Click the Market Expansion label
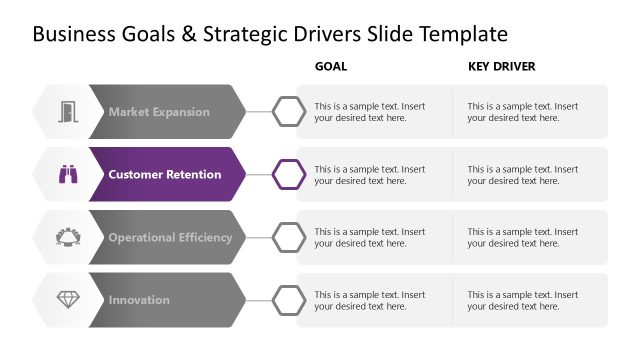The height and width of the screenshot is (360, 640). pos(159,112)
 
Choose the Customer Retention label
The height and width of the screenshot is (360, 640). pos(165,175)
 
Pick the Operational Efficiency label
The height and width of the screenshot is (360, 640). pos(170,238)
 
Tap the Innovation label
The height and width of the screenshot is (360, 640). pos(139,300)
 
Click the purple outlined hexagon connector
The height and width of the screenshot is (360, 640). pos(290,174)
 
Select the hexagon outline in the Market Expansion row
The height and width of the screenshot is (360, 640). pos(290,112)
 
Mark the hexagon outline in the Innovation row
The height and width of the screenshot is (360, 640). pos(290,300)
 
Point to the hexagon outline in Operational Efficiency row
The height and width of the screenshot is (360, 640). pos(290,237)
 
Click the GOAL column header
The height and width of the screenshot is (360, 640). pos(331,67)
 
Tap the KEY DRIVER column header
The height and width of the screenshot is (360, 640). pos(502,67)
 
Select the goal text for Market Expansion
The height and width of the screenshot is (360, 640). pos(369,112)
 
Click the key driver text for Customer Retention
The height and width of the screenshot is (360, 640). pos(522,175)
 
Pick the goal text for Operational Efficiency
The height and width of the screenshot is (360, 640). pos(369,238)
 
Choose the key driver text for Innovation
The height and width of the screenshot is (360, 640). pos(522,300)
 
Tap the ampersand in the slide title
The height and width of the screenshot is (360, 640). pos(188,34)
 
